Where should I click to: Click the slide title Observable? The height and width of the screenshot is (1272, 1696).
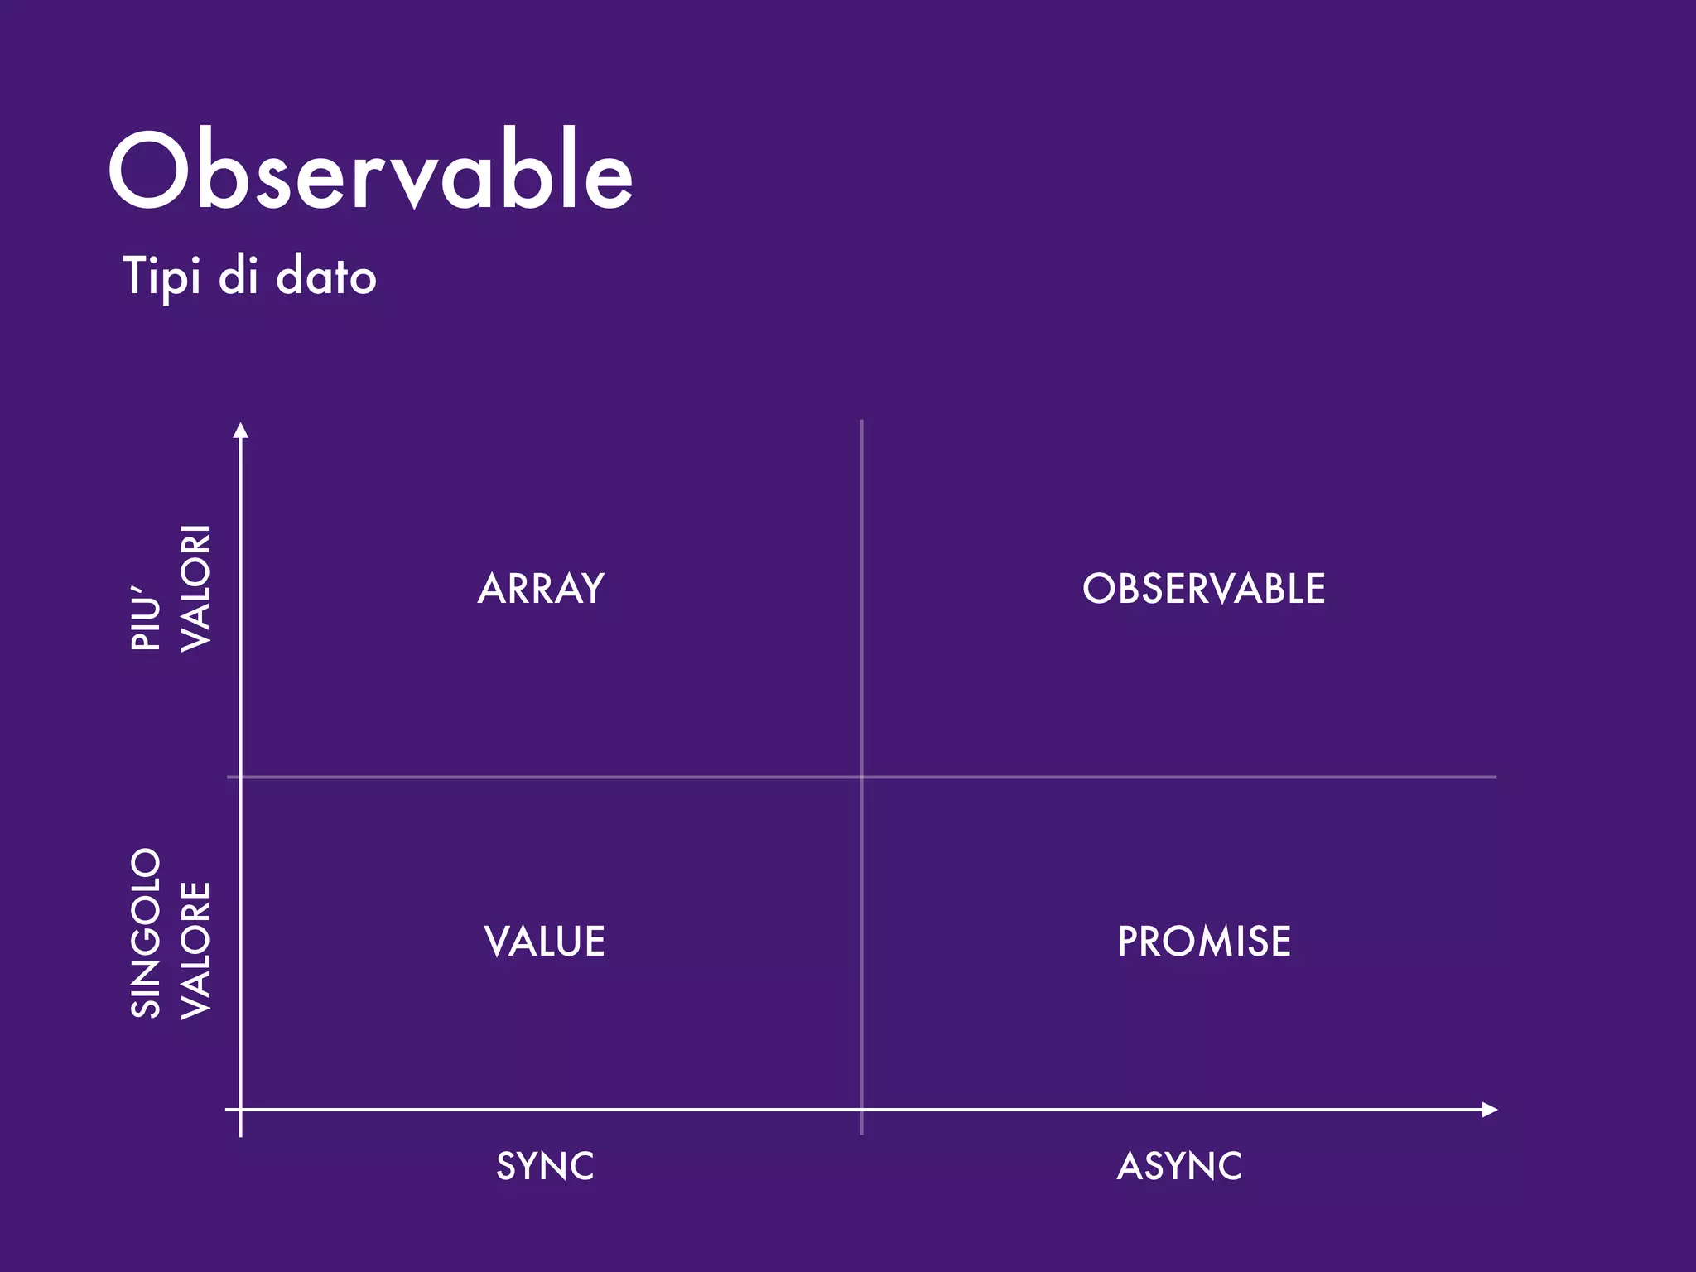[371, 172]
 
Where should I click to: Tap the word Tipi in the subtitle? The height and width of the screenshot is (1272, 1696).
[161, 277]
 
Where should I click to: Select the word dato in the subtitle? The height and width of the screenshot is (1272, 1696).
[326, 277]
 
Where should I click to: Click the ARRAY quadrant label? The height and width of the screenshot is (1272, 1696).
[542, 589]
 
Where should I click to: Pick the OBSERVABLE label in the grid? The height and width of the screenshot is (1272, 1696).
[1203, 589]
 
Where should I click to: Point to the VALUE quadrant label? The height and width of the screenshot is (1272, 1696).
[544, 942]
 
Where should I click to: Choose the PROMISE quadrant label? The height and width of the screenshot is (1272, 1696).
[1204, 942]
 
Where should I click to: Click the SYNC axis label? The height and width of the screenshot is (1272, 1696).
[545, 1166]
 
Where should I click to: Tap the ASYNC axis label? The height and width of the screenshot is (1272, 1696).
[1179, 1166]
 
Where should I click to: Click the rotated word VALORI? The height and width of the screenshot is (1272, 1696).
[196, 588]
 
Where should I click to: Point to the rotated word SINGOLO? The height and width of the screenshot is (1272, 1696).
[146, 932]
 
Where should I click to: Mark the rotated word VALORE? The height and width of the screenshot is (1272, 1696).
[196, 950]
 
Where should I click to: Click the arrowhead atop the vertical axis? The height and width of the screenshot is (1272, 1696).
[241, 430]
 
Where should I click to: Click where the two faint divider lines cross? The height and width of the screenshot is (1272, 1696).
[861, 777]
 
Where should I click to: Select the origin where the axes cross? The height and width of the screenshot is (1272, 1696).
[241, 1110]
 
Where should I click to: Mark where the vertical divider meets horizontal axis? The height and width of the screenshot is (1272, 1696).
[861, 1110]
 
